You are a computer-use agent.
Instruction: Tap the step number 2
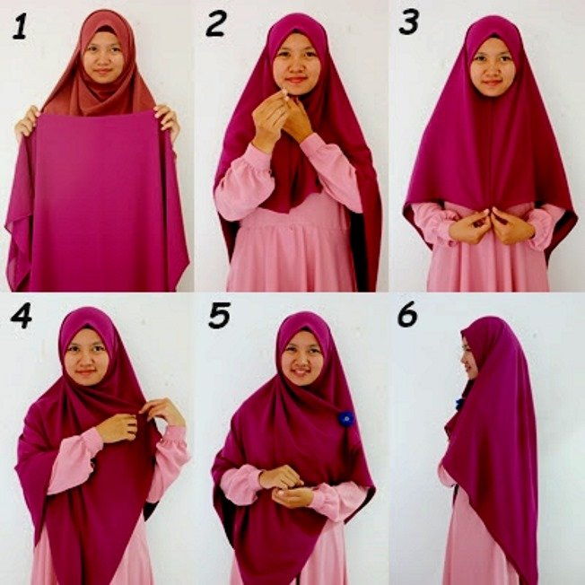tap(215, 24)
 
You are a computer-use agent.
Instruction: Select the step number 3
tap(409, 22)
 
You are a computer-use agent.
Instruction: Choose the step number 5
tap(221, 317)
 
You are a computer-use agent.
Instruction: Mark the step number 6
tap(407, 315)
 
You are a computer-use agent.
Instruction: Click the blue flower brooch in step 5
tap(345, 417)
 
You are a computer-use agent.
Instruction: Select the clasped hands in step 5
tap(285, 485)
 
